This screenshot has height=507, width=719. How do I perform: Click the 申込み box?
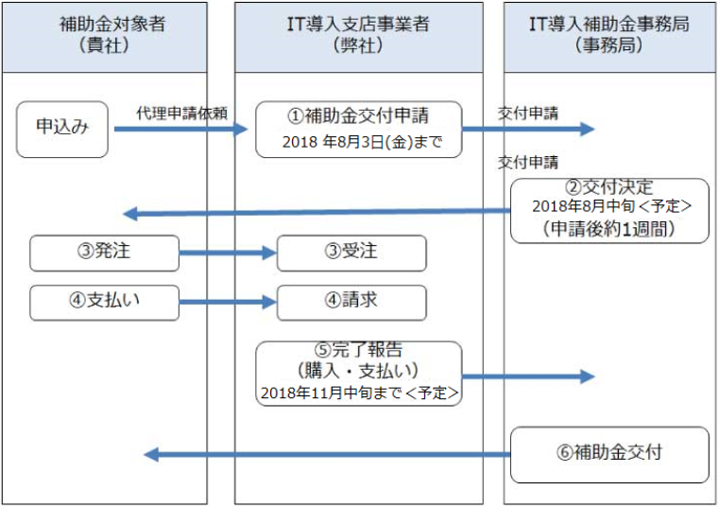[62, 129]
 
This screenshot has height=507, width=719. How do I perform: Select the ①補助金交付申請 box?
[358, 129]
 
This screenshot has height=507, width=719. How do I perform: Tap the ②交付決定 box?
[609, 209]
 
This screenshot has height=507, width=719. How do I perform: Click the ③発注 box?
[104, 253]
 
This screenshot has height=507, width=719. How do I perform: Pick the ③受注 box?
[351, 253]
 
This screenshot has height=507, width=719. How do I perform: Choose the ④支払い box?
[104, 303]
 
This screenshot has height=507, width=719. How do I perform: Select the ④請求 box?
[351, 303]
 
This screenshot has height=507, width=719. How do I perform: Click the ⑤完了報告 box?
[358, 374]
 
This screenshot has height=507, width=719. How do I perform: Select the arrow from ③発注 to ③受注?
[227, 253]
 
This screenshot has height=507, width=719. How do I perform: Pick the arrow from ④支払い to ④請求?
[227, 303]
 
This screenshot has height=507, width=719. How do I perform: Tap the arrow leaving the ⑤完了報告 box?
[528, 376]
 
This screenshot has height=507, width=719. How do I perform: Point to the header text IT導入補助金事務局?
[608, 24]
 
